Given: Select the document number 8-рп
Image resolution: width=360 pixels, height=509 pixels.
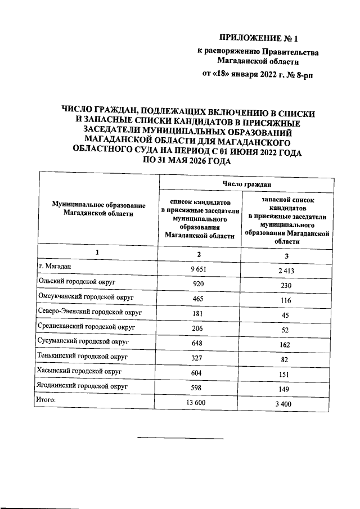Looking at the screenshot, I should coord(301,74).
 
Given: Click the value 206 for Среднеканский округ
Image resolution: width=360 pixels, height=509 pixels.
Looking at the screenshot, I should coord(197,328).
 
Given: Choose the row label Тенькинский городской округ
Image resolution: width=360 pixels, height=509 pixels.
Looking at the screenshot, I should coord(81,356).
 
